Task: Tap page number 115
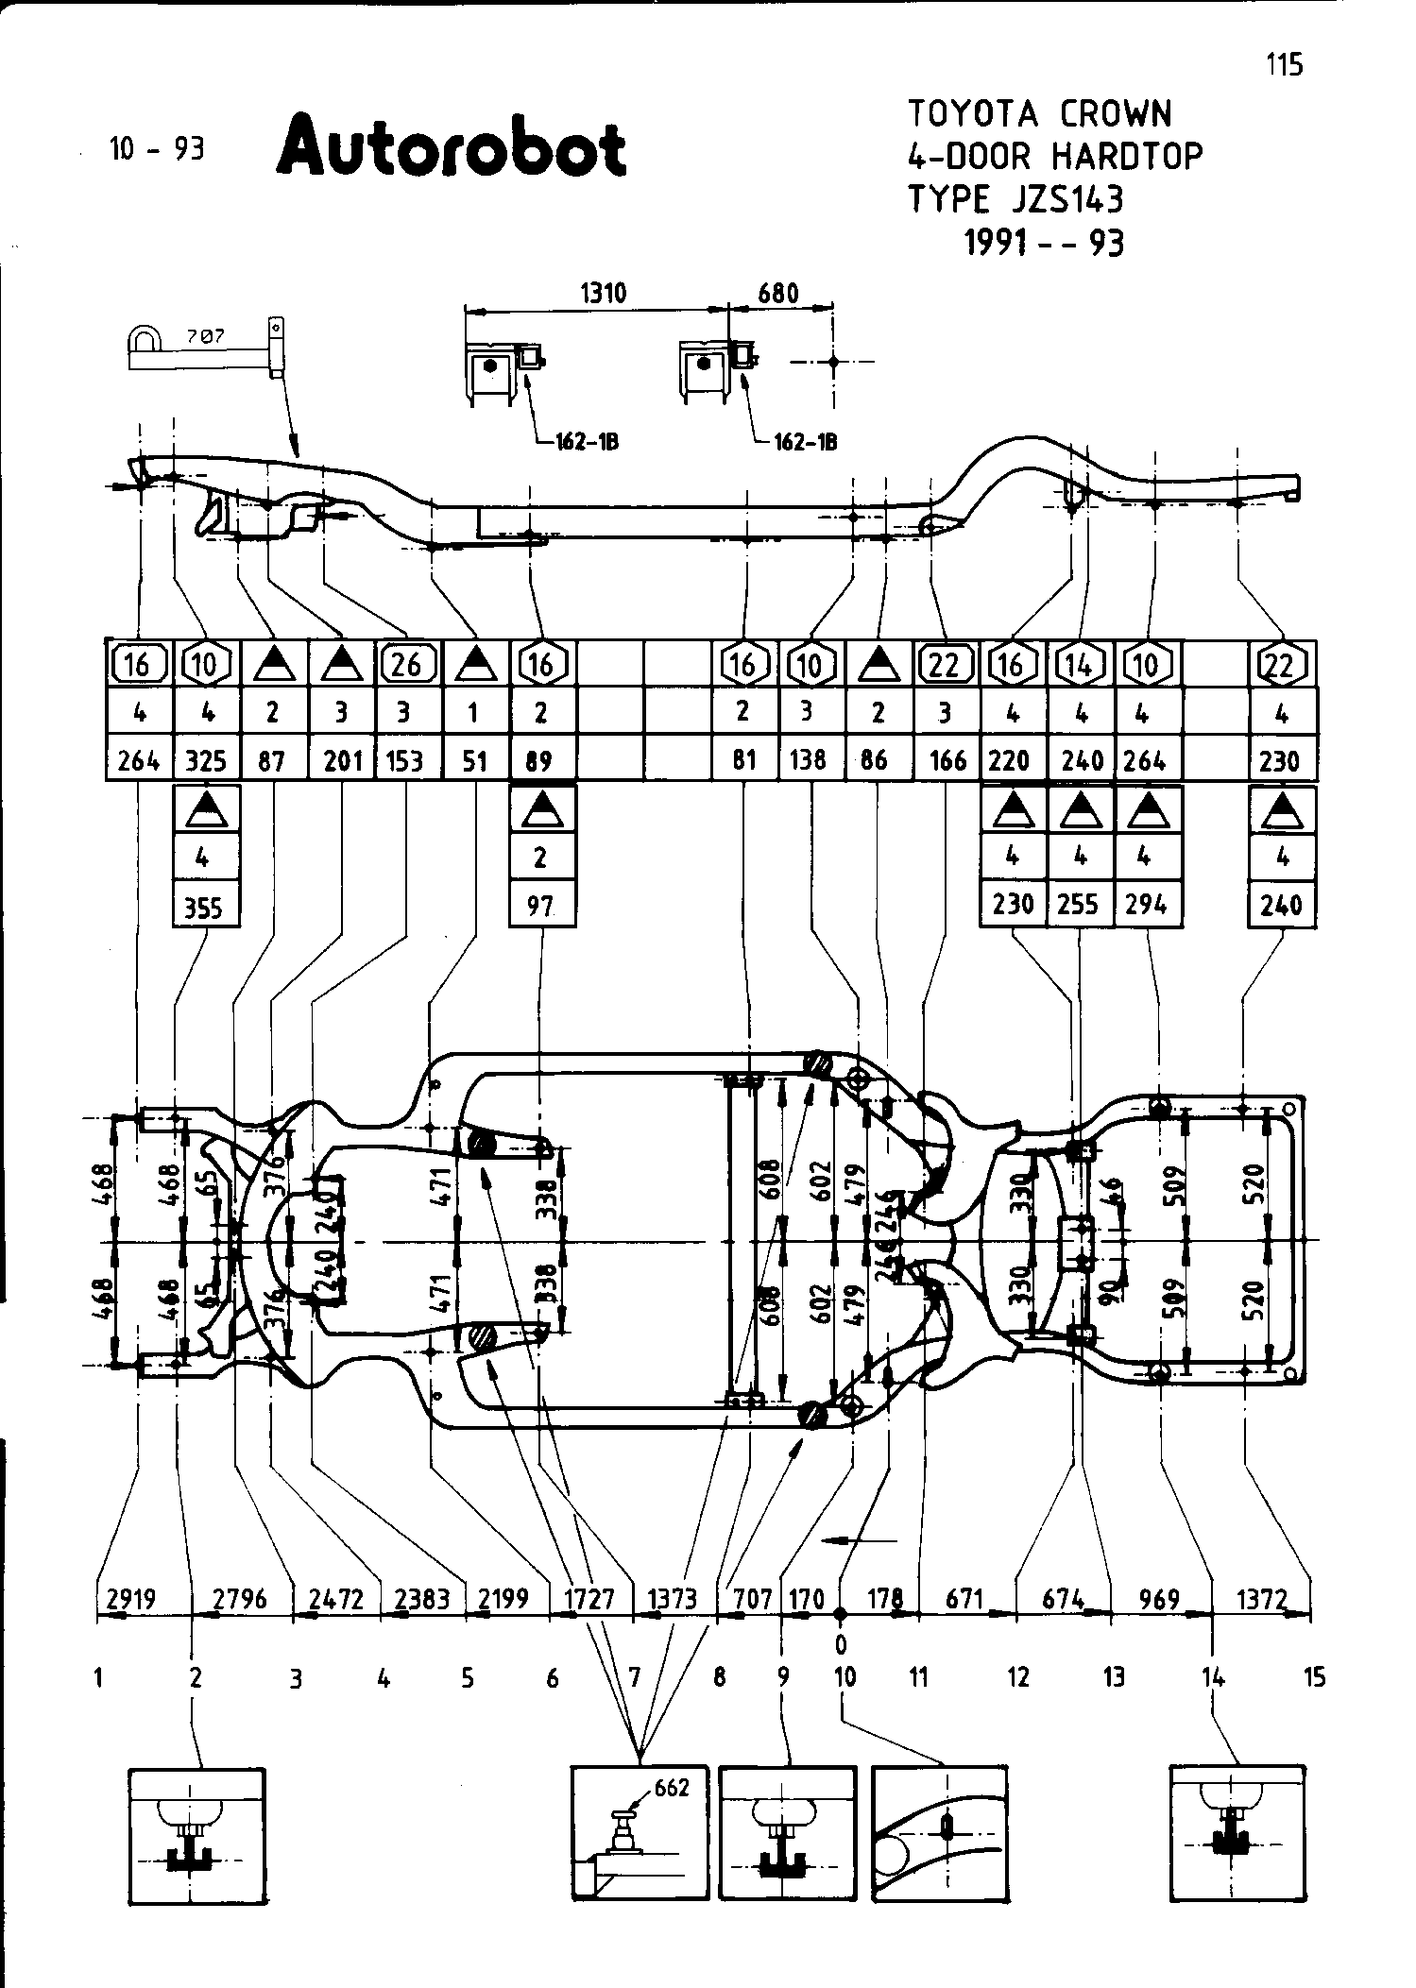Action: point(1284,64)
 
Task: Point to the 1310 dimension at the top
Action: point(603,293)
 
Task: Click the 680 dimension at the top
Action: point(778,293)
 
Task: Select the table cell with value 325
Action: point(206,760)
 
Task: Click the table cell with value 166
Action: point(947,760)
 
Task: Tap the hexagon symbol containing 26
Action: point(407,665)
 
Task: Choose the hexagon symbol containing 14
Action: point(1080,665)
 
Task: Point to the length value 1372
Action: point(1262,1599)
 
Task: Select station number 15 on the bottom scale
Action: point(1314,1677)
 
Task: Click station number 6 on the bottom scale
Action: point(552,1677)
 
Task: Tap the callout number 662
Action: point(672,1788)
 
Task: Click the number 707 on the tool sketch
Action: point(198,335)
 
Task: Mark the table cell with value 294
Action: point(1147,905)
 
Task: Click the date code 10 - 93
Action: point(157,148)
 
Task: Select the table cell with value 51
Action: point(474,760)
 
